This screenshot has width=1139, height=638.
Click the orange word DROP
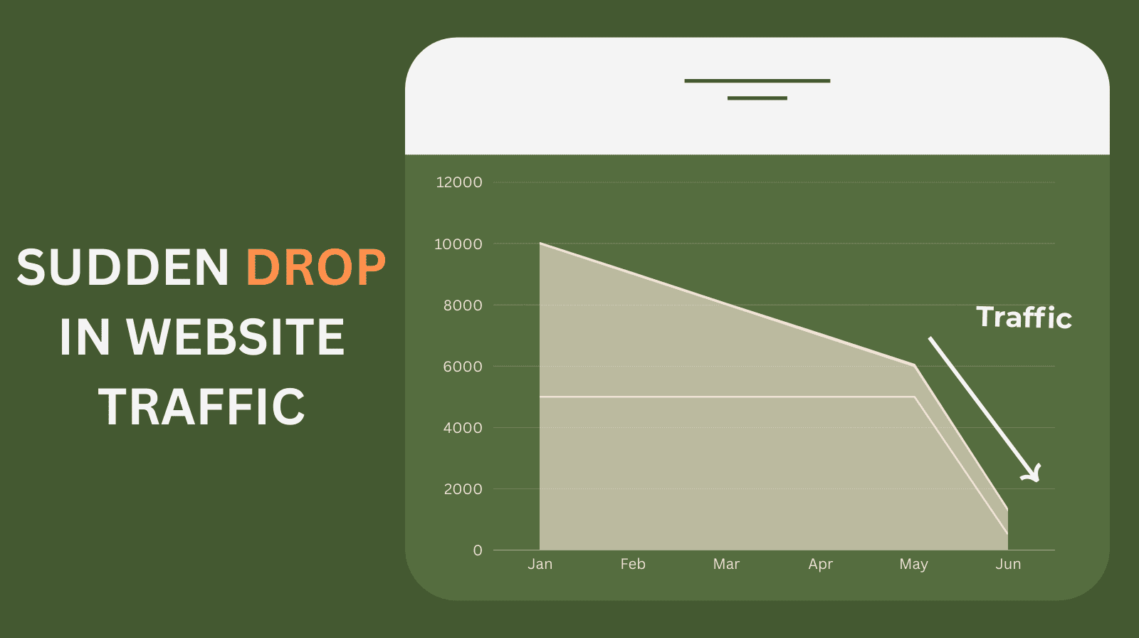(316, 268)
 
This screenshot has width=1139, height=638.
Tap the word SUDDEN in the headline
(122, 268)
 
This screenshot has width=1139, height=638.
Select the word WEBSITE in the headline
(235, 337)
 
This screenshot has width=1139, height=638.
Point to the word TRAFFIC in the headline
(201, 407)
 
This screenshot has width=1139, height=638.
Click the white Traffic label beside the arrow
(1024, 318)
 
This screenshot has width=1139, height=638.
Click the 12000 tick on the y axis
(458, 182)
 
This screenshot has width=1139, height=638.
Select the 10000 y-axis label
(458, 244)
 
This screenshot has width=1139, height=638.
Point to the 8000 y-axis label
(463, 305)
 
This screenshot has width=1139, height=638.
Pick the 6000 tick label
(463, 367)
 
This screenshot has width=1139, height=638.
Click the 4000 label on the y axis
(463, 428)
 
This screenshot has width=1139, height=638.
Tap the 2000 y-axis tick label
(463, 489)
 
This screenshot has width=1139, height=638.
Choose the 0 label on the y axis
(478, 550)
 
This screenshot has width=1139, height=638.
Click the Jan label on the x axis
(540, 564)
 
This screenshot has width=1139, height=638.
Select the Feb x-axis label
(633, 564)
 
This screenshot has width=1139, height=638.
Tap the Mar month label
(726, 564)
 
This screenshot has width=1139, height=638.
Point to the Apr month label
(820, 564)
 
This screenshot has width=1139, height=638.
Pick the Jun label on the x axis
(1008, 564)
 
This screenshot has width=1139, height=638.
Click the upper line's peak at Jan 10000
(540, 244)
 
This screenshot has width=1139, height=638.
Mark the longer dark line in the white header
(757, 80)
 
